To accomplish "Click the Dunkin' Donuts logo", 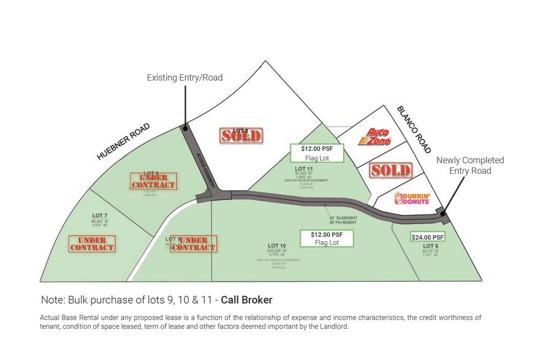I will coord(412,198).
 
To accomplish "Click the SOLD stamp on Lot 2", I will coord(241,135).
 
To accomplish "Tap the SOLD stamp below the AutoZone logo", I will coord(390,170).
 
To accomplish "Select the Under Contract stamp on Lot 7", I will coord(92,244).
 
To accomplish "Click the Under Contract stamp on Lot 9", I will coord(194,244).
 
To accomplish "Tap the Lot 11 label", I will coord(305,168).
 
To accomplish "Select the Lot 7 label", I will coord(100,216).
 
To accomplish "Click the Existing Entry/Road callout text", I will coord(184,78).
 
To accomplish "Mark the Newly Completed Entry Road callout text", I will coord(470,165).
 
